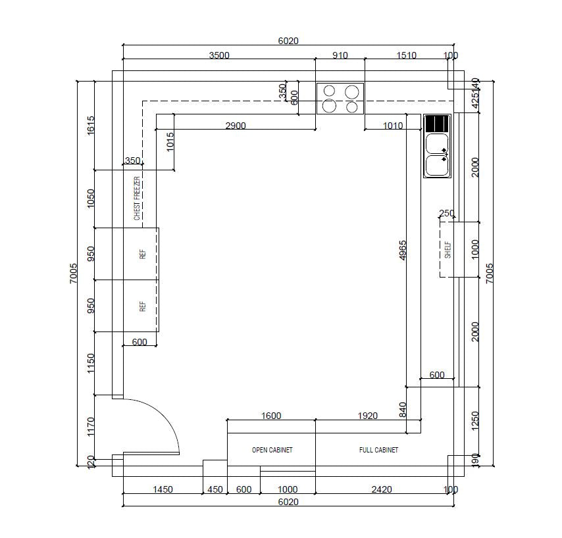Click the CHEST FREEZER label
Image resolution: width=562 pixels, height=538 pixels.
click(x=137, y=198)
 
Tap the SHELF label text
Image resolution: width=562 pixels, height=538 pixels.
click(x=448, y=249)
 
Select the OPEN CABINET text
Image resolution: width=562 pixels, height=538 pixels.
click(x=272, y=451)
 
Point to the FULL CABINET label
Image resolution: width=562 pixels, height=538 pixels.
click(x=378, y=451)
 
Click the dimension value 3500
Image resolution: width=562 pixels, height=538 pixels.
click(x=219, y=55)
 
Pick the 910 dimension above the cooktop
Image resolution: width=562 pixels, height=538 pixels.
click(x=340, y=55)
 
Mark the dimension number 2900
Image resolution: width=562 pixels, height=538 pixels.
click(x=236, y=125)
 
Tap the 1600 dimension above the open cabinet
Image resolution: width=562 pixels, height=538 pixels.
click(x=271, y=415)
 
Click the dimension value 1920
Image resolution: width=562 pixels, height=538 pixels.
click(x=367, y=415)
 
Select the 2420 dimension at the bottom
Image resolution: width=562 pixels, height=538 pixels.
click(x=381, y=489)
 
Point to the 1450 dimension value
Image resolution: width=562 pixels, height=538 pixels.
click(x=163, y=489)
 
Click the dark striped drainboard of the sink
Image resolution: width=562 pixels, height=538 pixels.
click(x=437, y=123)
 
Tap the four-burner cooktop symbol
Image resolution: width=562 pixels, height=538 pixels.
click(x=340, y=99)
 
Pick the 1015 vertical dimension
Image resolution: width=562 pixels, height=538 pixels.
click(x=170, y=142)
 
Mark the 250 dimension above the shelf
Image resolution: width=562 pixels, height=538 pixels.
click(x=446, y=213)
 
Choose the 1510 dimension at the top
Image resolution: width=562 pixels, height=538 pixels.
click(x=406, y=55)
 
